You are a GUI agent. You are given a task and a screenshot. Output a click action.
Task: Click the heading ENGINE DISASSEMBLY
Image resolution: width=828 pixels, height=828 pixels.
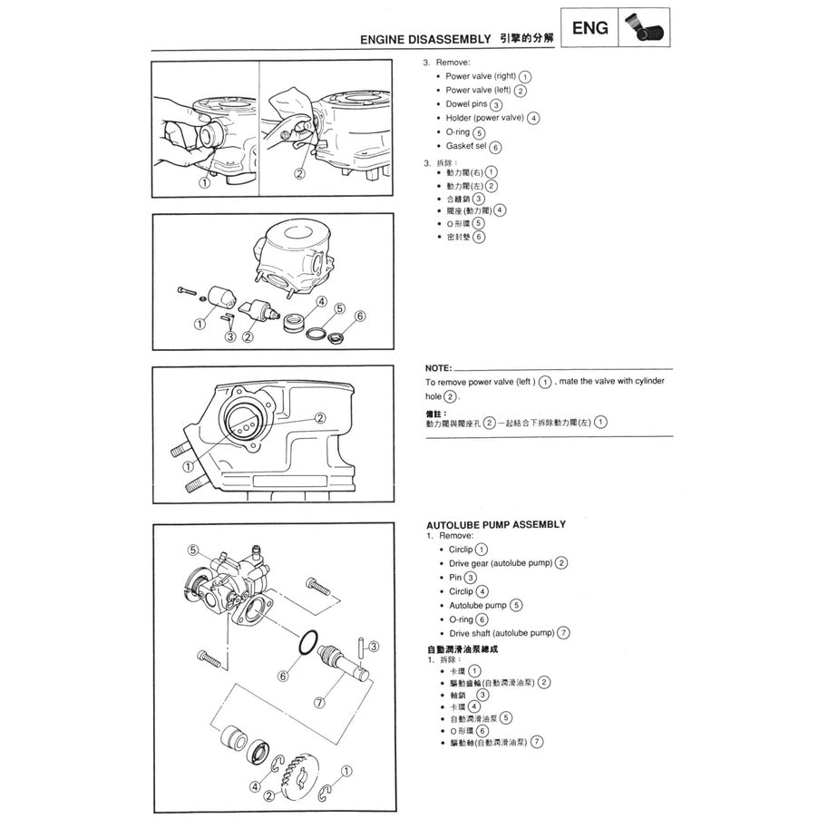click(x=424, y=41)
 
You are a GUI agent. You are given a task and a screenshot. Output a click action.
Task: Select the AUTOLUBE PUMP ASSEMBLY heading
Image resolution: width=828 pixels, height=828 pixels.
click(x=495, y=524)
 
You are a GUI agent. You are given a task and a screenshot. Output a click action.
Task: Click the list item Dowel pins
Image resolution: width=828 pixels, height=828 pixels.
click(x=466, y=104)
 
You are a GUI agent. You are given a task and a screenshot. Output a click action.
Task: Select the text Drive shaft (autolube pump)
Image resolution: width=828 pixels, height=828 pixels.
click(x=502, y=633)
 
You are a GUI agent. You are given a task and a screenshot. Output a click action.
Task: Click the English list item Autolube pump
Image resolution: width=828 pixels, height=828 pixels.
click(x=477, y=605)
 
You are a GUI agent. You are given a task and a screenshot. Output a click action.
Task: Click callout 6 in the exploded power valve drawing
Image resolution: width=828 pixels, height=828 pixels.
click(x=360, y=317)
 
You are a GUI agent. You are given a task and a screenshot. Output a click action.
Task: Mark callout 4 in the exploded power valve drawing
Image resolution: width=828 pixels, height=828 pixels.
click(x=321, y=301)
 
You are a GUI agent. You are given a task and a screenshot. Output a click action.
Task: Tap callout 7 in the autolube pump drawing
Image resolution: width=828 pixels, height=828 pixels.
click(x=319, y=702)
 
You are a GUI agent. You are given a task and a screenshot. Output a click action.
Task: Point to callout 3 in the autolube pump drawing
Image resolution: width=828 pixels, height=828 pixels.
click(x=374, y=647)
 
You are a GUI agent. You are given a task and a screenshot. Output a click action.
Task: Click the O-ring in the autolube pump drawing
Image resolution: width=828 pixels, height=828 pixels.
click(x=307, y=645)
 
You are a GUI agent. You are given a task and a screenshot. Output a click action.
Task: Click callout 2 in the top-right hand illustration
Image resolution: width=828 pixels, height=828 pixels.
click(x=299, y=173)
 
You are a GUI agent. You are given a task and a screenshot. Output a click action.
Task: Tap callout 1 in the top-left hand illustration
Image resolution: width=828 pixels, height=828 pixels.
click(x=205, y=181)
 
